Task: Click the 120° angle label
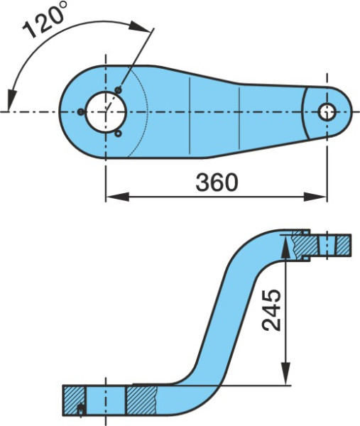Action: [x=44, y=20]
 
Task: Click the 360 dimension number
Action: [x=217, y=182]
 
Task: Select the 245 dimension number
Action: [x=271, y=310]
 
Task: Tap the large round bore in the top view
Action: [x=107, y=112]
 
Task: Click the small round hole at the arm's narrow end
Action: [x=327, y=112]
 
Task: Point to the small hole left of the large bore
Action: [x=81, y=111]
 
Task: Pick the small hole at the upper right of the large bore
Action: [x=118, y=89]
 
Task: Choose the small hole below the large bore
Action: [x=118, y=133]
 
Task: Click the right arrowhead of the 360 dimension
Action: [x=315, y=197]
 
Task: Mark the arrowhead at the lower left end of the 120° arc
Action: [x=11, y=100]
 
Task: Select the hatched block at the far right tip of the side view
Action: [x=344, y=246]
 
